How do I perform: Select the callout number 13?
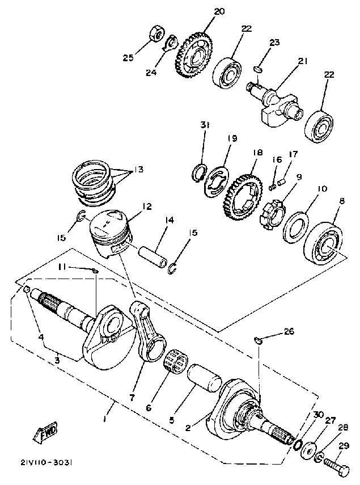[x=139, y=170]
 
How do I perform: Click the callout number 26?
[x=290, y=332]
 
